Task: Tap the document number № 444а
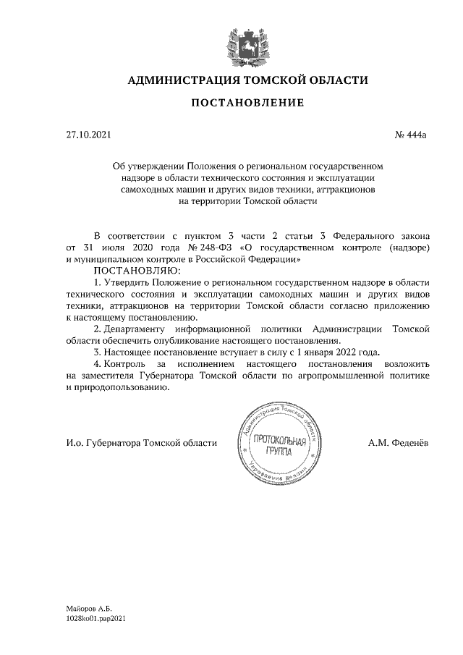click(411, 135)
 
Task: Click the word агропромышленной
click(349, 376)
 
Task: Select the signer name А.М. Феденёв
click(398, 443)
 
